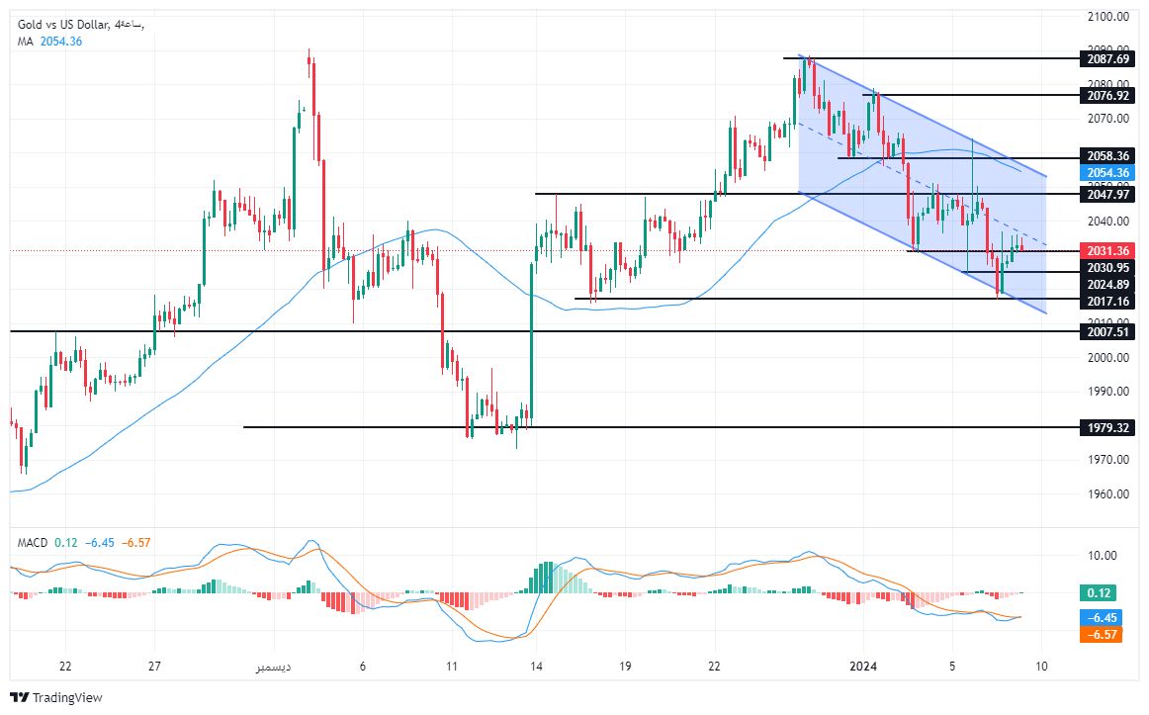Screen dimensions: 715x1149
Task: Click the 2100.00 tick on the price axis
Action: click(1108, 17)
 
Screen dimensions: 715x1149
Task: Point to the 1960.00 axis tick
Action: click(1108, 494)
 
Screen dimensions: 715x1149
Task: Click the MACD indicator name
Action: click(32, 542)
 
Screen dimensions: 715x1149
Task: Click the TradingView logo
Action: click(57, 697)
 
